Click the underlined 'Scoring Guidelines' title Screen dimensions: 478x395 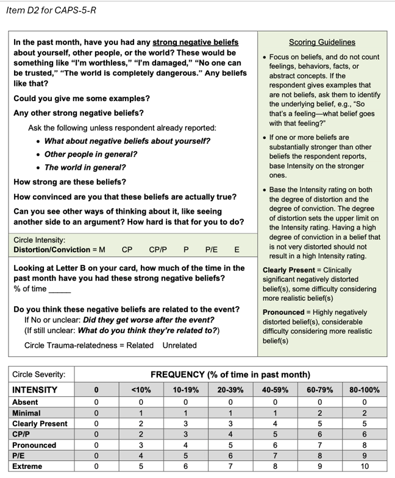coord(322,42)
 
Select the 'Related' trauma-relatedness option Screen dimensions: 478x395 coord(140,345)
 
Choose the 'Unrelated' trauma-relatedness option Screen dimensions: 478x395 coord(179,345)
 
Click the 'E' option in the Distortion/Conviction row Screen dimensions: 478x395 coord(237,250)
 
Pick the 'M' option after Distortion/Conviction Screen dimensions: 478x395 coord(102,250)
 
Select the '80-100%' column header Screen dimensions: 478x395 coord(364,390)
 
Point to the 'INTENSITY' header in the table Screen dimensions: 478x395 coord(35,390)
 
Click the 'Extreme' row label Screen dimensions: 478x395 coord(27,466)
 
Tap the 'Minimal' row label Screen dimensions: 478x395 coord(27,413)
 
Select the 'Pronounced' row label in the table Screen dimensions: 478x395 coord(34,445)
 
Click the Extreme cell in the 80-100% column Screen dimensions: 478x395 coord(364,466)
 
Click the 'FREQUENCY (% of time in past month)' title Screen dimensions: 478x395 coord(230,374)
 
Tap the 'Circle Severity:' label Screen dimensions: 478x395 coord(38,374)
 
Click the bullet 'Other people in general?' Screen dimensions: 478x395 coord(91,154)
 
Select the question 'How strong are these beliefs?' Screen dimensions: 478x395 coord(70,182)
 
